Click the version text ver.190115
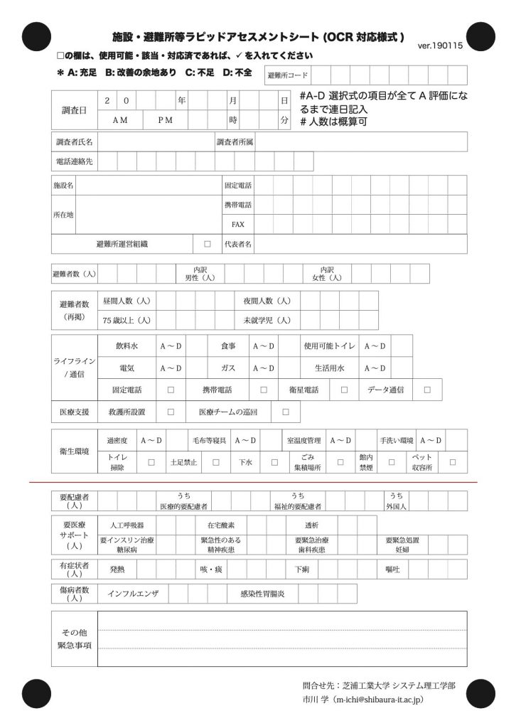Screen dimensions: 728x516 pos(441,45)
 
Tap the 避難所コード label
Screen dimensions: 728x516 pos(287,75)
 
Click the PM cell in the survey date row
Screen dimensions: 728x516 pos(165,120)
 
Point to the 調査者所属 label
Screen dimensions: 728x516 pos(235,141)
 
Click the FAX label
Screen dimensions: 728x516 pos(238,224)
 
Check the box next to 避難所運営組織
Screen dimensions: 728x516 pos(208,244)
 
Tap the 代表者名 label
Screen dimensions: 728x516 pos(238,244)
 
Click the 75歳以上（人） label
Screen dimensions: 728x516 pos(127,320)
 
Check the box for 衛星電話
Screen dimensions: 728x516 pos(344,390)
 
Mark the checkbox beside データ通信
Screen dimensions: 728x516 pos(426,390)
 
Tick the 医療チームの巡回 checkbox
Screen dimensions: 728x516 pos(286,412)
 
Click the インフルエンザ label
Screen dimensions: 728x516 pos(133,593)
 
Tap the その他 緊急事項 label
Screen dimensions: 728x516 pos(74,639)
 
